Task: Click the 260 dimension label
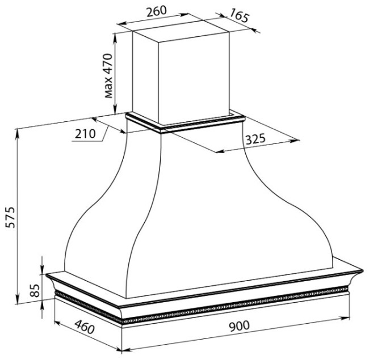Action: (156, 11)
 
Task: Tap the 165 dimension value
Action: (239, 15)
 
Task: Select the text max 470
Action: (108, 75)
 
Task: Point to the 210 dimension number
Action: (85, 134)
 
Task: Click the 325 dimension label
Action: (255, 139)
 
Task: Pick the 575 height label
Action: (10, 217)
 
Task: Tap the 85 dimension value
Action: (35, 291)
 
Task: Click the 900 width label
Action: (239, 326)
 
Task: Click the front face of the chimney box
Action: (194, 78)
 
